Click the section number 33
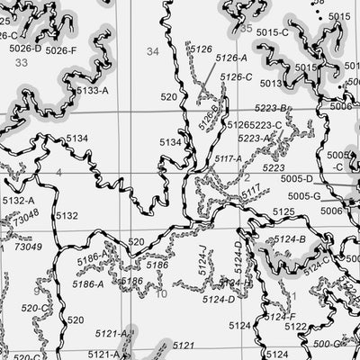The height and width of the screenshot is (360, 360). coord(22,87)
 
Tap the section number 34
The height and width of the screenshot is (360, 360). coord(152,51)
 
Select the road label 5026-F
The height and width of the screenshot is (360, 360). coord(62,49)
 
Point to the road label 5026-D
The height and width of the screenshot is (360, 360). coord(25,49)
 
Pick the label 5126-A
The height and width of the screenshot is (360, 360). coord(231,58)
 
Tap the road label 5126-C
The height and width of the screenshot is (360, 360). coord(236,77)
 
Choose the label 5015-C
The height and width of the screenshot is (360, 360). coord(273,33)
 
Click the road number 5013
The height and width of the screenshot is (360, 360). coord(271,84)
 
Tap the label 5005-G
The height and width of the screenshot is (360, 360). coord(304,195)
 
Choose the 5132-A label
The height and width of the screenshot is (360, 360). coord(18,201)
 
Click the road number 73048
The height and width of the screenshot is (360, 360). coord(27,216)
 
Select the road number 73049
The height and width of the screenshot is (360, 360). coord(29,246)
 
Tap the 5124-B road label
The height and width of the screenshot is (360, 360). coord(290,238)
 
